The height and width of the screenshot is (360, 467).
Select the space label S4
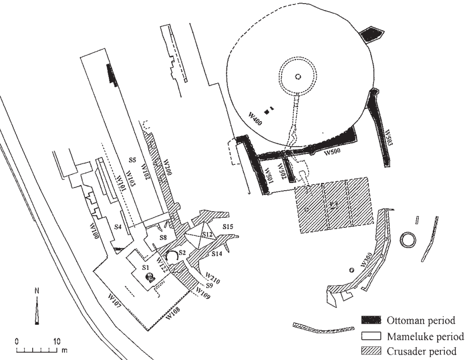pos(118,227)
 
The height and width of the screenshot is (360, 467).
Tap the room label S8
pos(163,236)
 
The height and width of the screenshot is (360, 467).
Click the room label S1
pos(145,266)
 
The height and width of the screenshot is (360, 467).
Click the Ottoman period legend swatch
pos(370,321)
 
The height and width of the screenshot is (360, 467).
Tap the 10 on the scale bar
pos(56,340)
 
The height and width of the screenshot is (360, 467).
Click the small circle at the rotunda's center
pos(298,77)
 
